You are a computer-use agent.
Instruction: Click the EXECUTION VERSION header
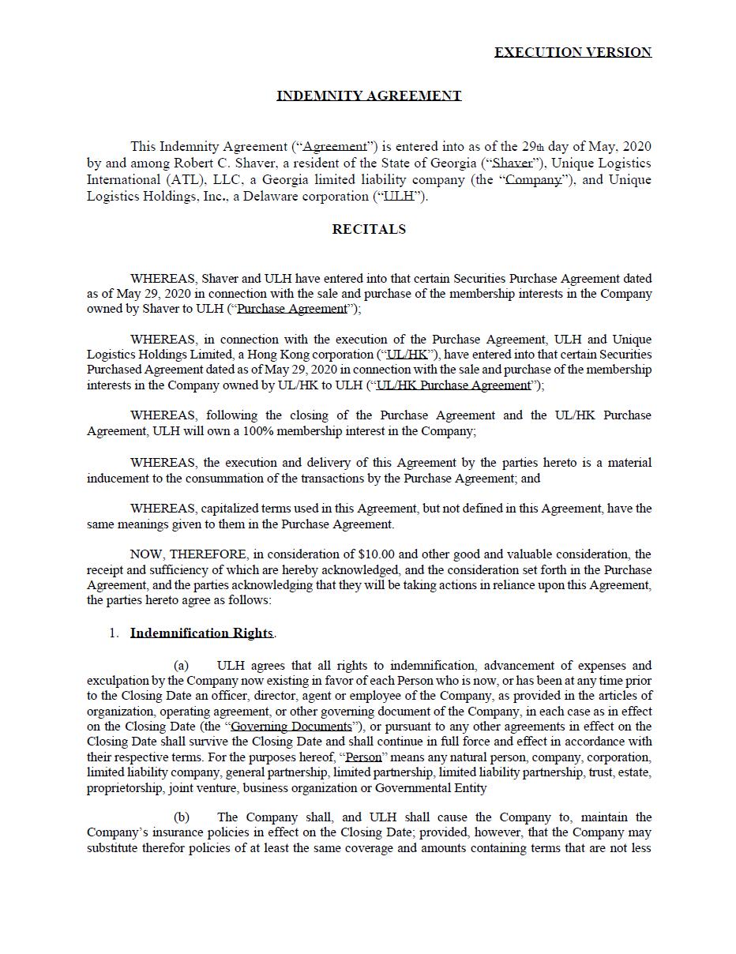573,52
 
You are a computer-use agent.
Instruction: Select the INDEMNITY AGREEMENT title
369,96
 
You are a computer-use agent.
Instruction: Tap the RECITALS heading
369,229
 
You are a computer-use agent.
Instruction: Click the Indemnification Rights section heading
201,633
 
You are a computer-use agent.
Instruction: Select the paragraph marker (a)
181,666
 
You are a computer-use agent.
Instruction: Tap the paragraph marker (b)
181,817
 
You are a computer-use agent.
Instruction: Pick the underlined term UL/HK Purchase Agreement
454,385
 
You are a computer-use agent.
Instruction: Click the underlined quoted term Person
363,757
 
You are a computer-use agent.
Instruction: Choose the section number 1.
115,633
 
